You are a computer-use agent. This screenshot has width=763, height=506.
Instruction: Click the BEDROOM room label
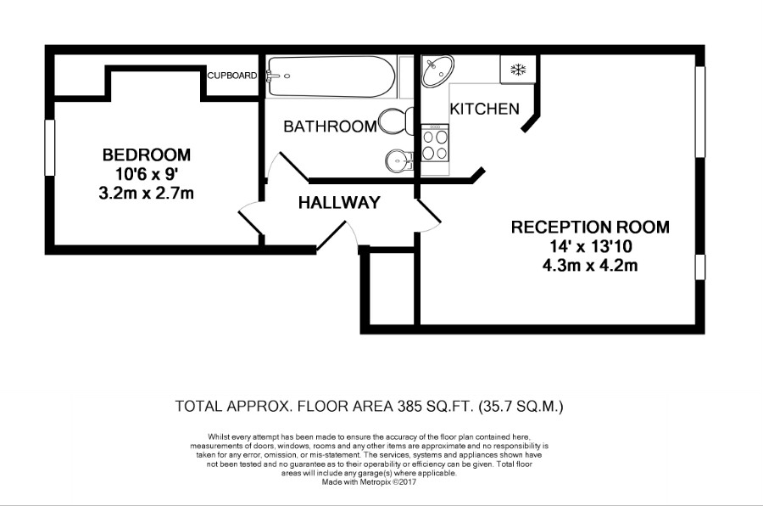coord(146,155)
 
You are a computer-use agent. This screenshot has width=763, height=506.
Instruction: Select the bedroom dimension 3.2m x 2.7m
coord(146,194)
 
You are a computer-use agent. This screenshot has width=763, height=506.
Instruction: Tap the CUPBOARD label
coord(232,76)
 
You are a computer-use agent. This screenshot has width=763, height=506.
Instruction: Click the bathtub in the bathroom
coord(331,76)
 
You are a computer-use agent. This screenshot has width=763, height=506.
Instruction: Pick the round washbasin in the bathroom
coord(398,159)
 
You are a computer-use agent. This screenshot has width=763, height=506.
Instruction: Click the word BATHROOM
coord(330,127)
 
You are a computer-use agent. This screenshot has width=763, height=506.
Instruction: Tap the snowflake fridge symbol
coord(516,69)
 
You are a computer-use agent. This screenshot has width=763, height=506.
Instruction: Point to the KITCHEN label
coord(484,109)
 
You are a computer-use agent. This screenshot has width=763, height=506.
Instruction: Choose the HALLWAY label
coord(338,203)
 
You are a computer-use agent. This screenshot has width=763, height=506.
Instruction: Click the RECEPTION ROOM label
coord(589,228)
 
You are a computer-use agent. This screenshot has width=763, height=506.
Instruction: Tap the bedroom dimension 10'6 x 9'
coord(146,175)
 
